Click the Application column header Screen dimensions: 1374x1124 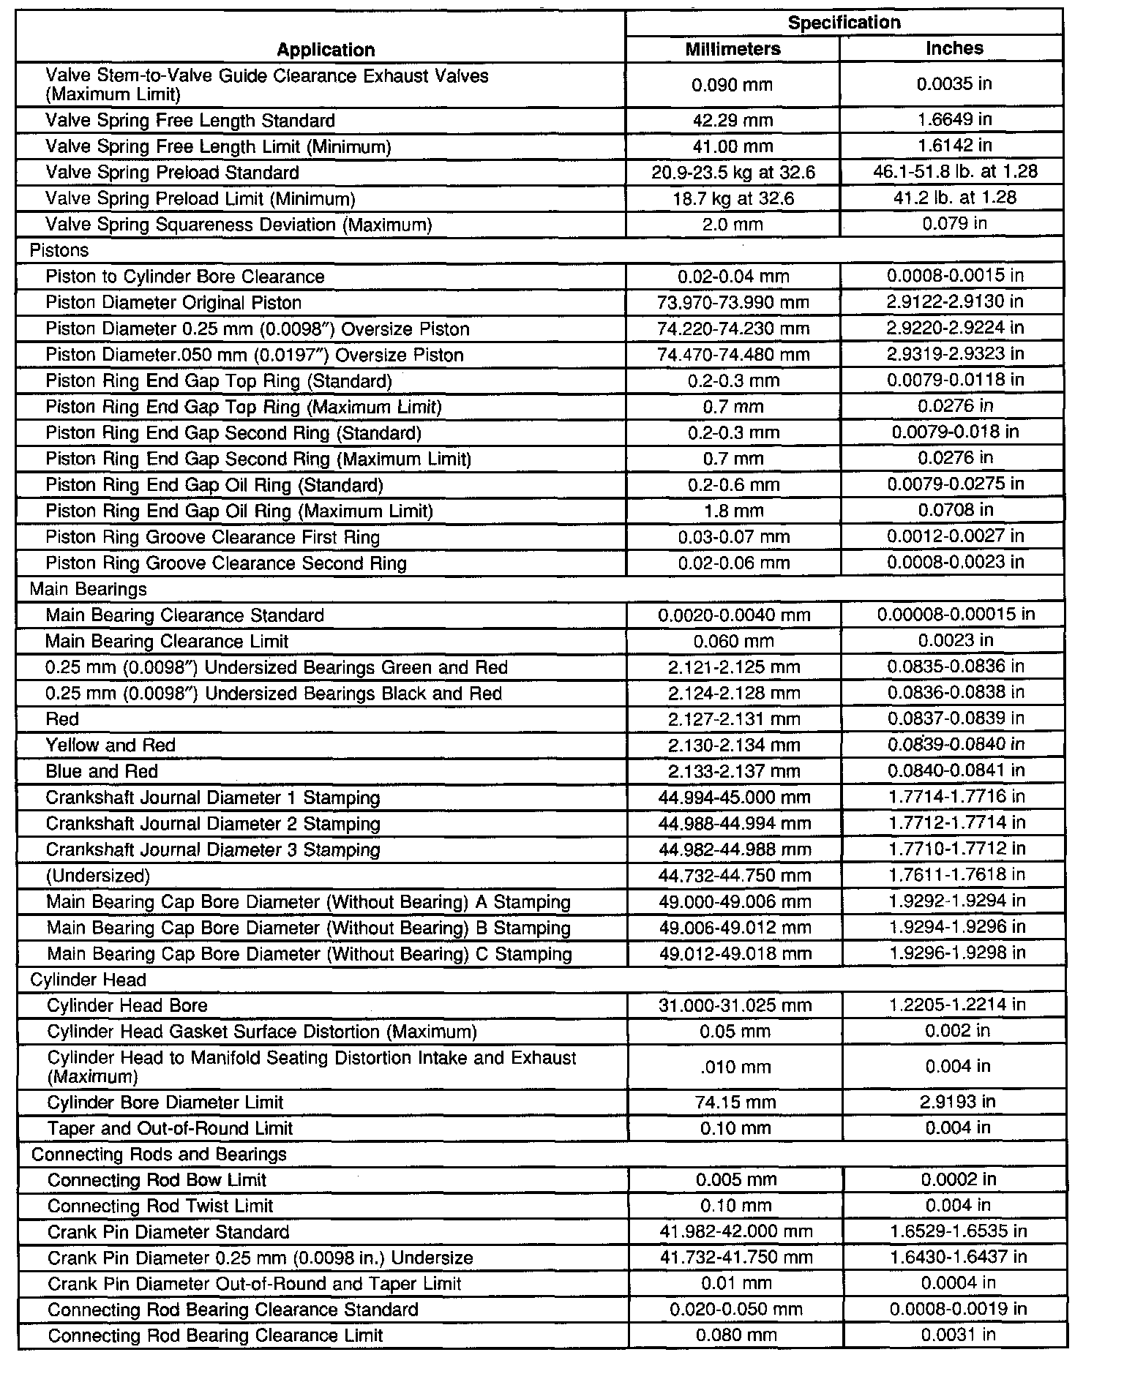click(x=326, y=50)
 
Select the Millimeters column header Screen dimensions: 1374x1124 click(x=733, y=49)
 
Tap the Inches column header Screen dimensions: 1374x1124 click(x=954, y=48)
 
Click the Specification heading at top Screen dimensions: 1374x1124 click(x=844, y=23)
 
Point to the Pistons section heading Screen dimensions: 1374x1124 click(x=59, y=250)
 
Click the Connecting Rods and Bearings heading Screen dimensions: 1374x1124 click(x=159, y=1154)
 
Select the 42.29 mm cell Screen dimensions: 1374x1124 click(x=733, y=120)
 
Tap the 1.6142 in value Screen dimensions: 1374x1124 click(x=955, y=146)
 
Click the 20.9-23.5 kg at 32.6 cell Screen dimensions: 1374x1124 click(x=733, y=172)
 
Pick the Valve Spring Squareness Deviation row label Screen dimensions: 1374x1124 click(x=239, y=225)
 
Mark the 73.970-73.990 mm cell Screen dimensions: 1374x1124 click(x=733, y=302)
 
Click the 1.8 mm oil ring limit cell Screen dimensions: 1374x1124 click(x=733, y=511)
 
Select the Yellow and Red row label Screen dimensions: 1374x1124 click(x=110, y=745)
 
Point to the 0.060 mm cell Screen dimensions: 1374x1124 click(x=733, y=641)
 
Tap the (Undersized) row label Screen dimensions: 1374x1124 click(x=98, y=875)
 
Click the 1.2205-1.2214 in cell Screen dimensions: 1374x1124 click(x=956, y=1005)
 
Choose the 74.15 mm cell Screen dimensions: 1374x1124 click(x=735, y=1102)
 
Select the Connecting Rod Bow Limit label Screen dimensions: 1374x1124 click(x=157, y=1179)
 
